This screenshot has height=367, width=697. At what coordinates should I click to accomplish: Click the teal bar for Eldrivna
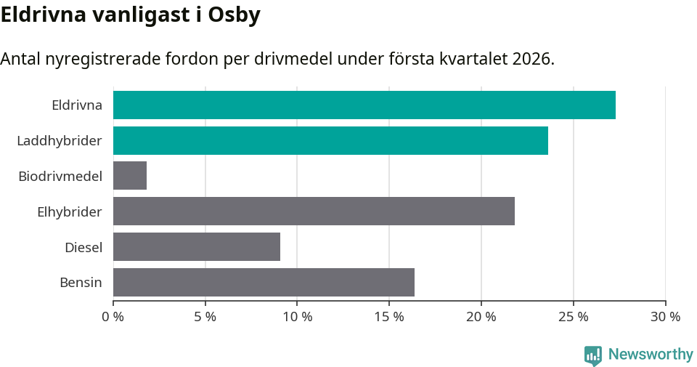point(364,105)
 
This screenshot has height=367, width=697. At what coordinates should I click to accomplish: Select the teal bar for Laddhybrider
point(330,140)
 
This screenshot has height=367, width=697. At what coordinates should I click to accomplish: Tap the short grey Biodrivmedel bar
point(130,176)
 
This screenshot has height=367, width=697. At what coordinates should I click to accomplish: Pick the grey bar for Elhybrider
point(314,211)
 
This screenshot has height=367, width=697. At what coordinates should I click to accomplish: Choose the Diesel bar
point(197,247)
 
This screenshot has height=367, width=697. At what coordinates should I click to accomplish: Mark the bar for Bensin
point(264,282)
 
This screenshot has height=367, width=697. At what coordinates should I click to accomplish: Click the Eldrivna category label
point(77,105)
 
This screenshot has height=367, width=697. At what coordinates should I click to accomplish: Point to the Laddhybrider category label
point(60,140)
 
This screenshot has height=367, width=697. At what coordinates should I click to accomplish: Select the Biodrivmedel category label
point(60,176)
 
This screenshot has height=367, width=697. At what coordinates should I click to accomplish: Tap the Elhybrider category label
point(70,211)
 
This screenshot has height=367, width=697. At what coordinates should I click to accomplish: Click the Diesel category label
point(83,247)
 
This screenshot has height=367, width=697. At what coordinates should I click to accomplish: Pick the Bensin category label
point(81,282)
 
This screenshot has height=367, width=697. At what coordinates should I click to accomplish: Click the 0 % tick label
point(113,317)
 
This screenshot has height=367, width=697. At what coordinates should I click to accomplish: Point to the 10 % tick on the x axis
point(297,317)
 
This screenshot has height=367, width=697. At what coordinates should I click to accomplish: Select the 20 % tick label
point(481,317)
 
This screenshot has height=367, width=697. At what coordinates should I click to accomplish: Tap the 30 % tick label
point(665,317)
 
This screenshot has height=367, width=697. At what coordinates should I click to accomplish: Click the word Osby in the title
point(234,15)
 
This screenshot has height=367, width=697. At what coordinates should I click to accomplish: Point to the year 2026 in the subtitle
point(531,59)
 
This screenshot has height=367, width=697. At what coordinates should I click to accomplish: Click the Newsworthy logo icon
point(592,355)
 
